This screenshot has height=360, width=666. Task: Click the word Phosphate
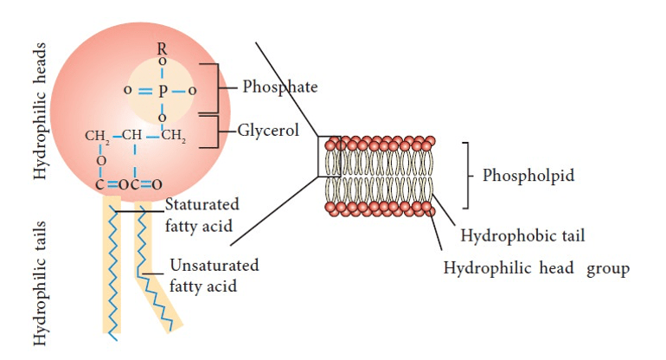[279, 87]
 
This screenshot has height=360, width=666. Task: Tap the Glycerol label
[268, 131]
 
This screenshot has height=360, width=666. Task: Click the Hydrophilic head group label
[536, 268]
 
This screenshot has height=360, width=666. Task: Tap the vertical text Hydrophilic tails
[40, 286]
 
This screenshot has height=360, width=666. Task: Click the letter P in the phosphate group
[162, 90]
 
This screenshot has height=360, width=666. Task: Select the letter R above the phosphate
[162, 50]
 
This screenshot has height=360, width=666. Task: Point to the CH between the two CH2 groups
[131, 135]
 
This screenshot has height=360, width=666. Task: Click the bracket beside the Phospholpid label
[471, 175]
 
